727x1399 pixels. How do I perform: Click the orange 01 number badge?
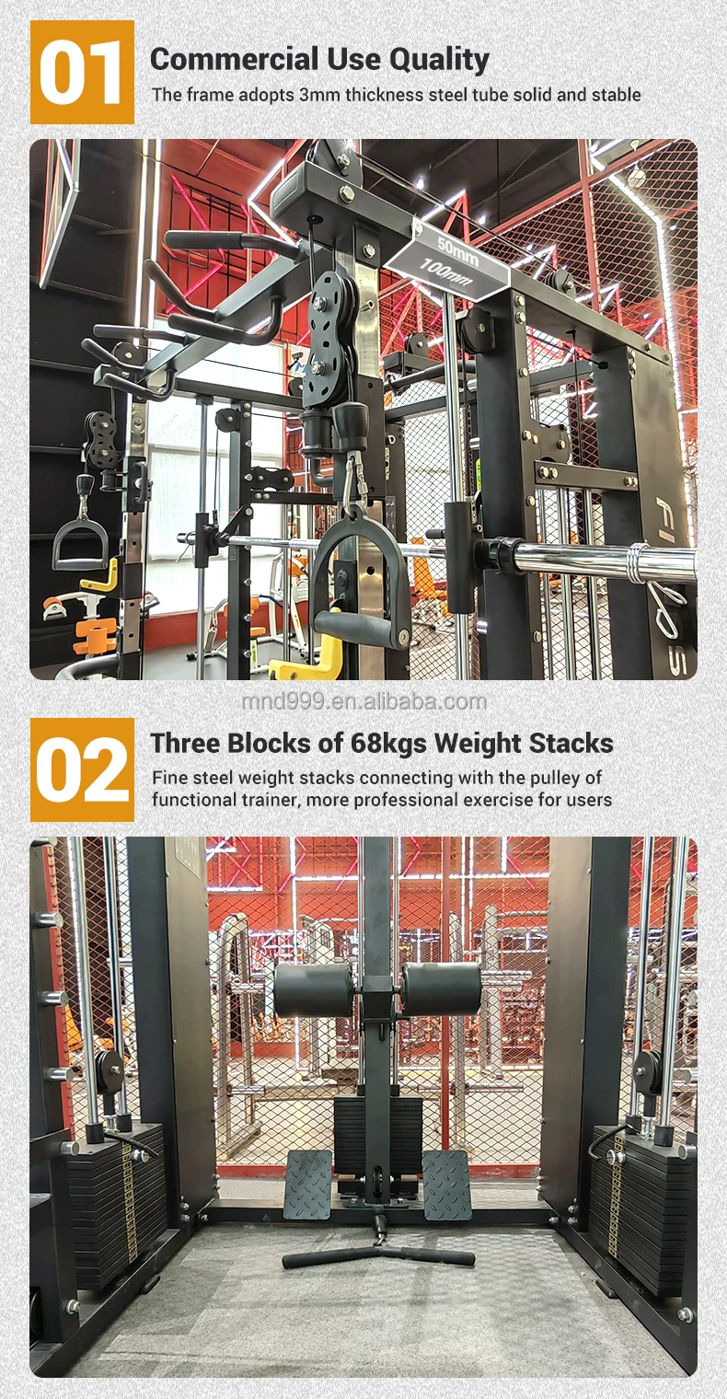pyautogui.click(x=82, y=72)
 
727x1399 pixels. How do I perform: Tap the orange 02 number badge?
pyautogui.click(x=82, y=769)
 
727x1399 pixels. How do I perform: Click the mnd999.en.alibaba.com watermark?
pyautogui.click(x=363, y=702)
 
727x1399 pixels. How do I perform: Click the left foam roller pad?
pyautogui.click(x=313, y=989)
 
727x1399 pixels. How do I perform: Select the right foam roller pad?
pyautogui.click(x=442, y=989)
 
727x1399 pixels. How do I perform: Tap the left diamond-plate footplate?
pyautogui.click(x=308, y=1185)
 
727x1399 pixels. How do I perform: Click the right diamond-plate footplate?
pyautogui.click(x=447, y=1185)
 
